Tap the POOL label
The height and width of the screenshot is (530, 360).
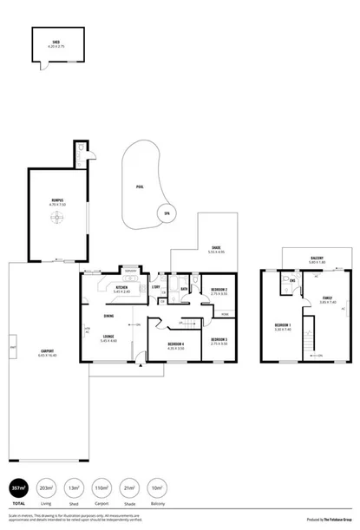coord(140,186)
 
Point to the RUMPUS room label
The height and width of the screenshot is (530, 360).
coord(56,201)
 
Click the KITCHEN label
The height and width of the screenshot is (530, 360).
coord(122,288)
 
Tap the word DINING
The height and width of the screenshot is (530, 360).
coord(109,317)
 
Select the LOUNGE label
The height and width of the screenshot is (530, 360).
coord(109,337)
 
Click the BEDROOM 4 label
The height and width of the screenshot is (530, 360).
coord(176,344)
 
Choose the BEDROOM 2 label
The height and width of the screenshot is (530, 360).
coord(219,290)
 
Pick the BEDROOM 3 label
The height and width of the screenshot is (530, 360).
coord(219,340)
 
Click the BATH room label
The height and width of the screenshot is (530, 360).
coord(185,288)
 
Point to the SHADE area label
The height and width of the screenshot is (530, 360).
coord(216,248)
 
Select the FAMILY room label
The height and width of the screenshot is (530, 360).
coord(326,299)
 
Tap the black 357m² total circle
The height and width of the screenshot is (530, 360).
coord(17,487)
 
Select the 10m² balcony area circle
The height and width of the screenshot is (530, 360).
coord(156,487)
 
